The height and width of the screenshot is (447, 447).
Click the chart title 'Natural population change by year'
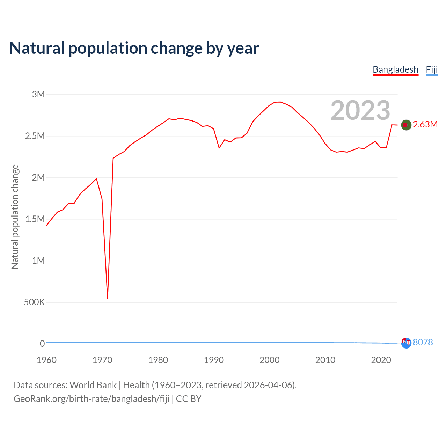pos(134,48)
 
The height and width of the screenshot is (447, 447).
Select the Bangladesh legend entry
pos(395,69)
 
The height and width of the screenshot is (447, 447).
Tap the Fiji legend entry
pos(432,69)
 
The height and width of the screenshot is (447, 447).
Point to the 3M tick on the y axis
pos(38,94)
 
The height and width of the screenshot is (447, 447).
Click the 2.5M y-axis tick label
pos(35,136)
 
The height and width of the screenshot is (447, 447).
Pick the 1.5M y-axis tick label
pos(35,219)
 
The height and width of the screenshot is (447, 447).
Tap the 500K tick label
pos(34,302)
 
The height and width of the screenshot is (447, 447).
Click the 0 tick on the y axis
pos(42,344)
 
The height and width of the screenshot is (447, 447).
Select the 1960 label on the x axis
pos(46,360)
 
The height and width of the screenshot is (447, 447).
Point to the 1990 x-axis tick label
pos(214,360)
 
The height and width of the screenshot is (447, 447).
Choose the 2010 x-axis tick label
pos(325,360)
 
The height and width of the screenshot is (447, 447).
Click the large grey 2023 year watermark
pos(360,110)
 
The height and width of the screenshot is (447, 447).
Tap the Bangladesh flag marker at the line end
pos(406,125)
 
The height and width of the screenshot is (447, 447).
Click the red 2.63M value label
pos(425,125)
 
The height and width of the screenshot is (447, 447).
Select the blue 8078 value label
pos(423,342)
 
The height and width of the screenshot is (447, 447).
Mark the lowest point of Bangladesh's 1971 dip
pos(108,298)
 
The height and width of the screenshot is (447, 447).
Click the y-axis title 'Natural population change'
pos(15,217)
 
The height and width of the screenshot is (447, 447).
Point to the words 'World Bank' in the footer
pos(93,385)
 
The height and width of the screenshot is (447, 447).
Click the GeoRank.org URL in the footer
pos(91,399)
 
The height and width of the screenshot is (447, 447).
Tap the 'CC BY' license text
pos(189,399)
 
